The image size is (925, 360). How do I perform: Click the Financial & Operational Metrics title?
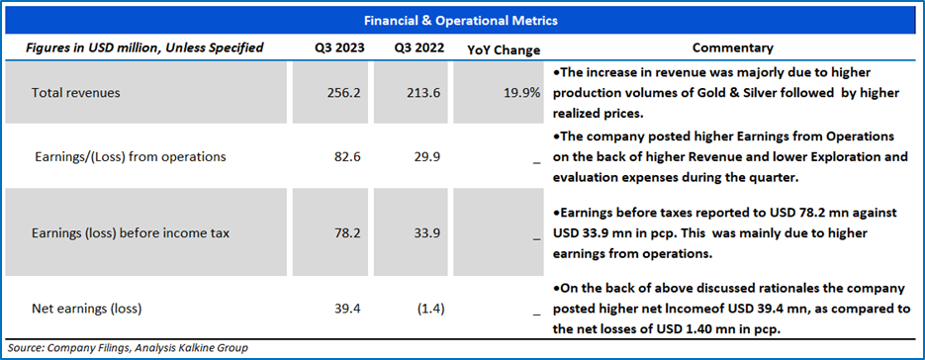click(461, 21)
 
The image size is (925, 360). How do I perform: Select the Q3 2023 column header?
click(339, 47)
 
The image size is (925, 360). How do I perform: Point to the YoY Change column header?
click(504, 50)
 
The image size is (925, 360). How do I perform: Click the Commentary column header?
click(733, 47)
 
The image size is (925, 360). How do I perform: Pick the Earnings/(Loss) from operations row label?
click(130, 157)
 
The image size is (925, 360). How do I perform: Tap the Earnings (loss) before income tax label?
click(131, 233)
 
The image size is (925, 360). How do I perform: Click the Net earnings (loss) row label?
click(87, 308)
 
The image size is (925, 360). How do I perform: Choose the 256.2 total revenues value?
click(345, 93)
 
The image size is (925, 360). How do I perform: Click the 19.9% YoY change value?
click(522, 93)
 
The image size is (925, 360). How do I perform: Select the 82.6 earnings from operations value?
click(348, 157)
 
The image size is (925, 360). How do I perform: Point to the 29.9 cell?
click(429, 157)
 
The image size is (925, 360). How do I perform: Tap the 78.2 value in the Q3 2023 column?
click(348, 233)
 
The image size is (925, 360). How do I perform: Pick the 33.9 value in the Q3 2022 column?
click(429, 233)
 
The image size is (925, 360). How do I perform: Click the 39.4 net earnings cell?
click(348, 308)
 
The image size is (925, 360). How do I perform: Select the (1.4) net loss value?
click(430, 308)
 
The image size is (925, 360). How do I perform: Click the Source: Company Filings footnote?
click(128, 347)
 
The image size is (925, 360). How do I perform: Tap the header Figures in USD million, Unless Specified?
click(144, 47)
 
